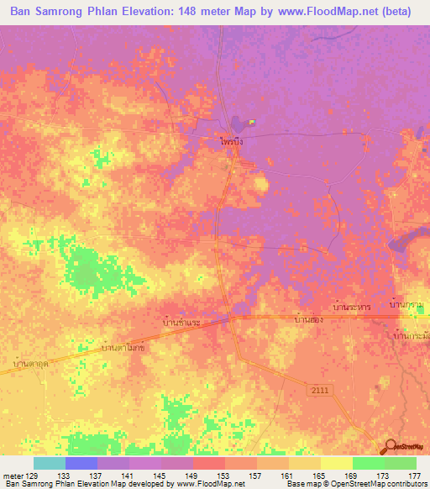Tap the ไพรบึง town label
232,143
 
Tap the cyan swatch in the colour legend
50,463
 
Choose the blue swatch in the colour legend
81,463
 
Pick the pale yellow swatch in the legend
336,463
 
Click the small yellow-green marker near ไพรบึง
251,122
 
